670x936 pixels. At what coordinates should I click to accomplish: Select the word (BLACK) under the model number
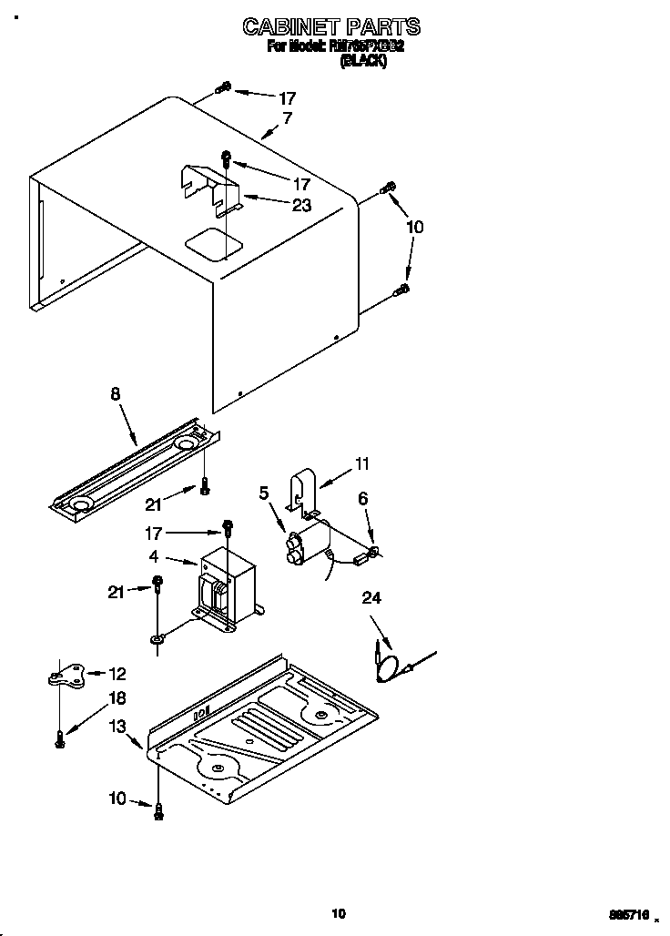362,62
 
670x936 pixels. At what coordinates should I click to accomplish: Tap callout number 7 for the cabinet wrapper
288,118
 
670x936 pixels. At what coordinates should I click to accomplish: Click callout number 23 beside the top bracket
301,206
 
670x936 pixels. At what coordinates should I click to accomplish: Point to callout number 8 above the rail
115,394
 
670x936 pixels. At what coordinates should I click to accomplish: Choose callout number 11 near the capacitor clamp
361,464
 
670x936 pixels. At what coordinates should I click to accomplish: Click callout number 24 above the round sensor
371,598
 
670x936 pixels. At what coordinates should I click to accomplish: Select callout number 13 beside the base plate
118,726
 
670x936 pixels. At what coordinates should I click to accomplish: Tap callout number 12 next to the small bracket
117,674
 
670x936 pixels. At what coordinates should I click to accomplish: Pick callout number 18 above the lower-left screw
117,697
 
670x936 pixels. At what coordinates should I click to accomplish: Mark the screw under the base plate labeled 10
159,810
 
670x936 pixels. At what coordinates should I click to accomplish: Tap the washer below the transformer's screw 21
157,640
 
